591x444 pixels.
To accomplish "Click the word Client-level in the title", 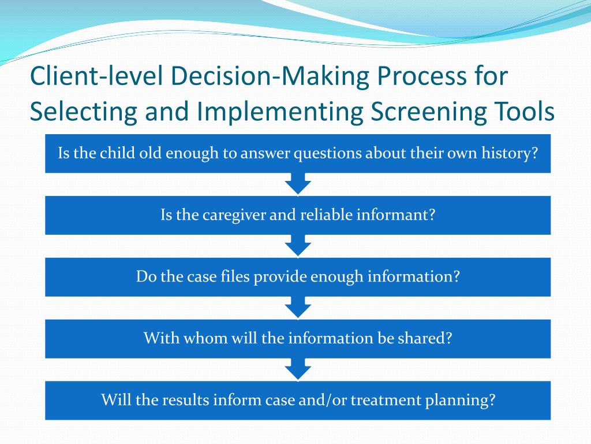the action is click(x=96, y=76).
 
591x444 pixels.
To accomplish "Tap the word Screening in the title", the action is click(x=428, y=112).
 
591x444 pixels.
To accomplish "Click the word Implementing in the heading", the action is click(x=280, y=112).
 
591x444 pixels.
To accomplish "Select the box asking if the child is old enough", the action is click(x=298, y=154).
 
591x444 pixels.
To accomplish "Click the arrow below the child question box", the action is click(x=298, y=184).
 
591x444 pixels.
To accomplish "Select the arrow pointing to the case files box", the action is click(x=298, y=246).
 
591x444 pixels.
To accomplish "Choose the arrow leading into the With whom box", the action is click(x=298, y=308).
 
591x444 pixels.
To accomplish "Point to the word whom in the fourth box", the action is click(x=206, y=338).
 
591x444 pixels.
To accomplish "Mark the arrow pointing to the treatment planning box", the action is click(x=298, y=369).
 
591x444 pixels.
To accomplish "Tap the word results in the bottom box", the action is click(x=185, y=399).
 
